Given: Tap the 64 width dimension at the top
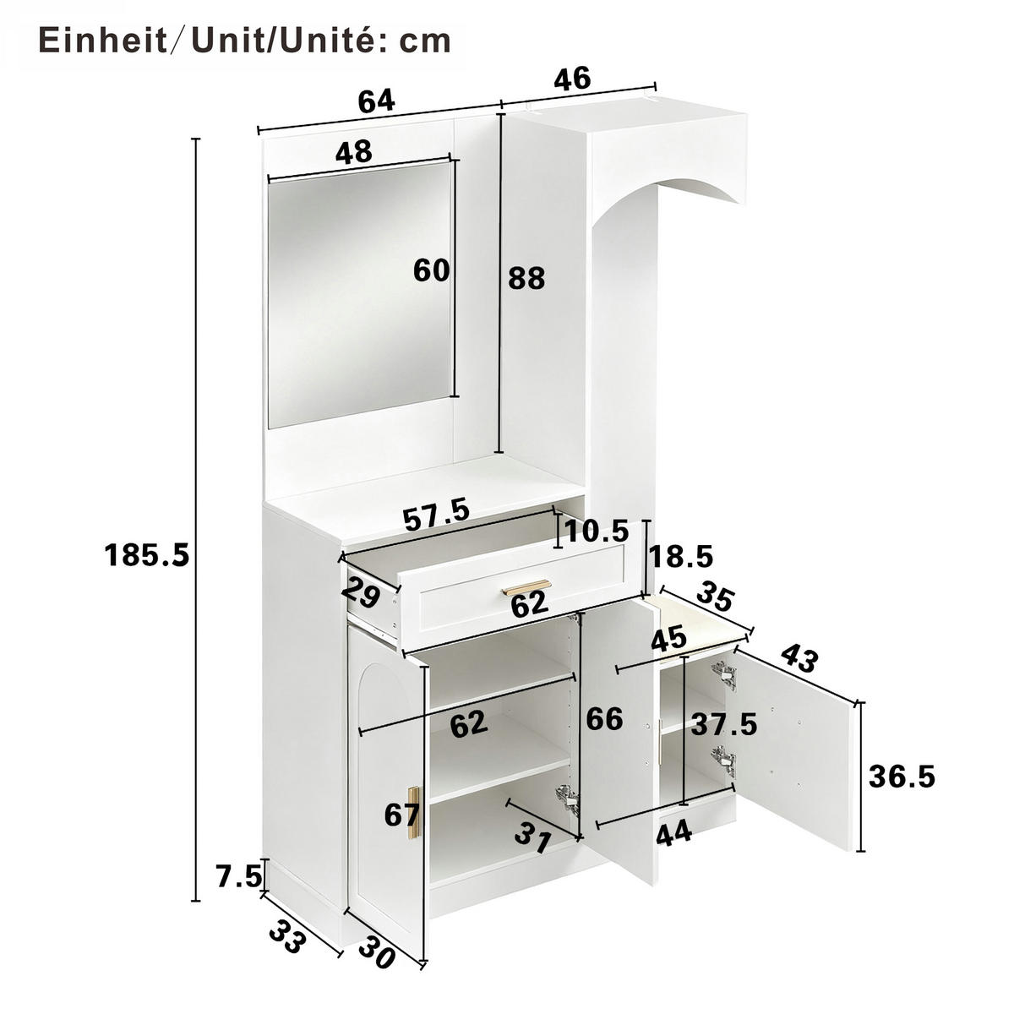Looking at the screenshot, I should (x=376, y=101).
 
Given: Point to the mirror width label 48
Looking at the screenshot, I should (x=353, y=152).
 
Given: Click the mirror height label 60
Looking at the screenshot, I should (x=432, y=270).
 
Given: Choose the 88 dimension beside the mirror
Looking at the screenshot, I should (x=526, y=278).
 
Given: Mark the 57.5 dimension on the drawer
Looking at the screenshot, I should (x=436, y=515).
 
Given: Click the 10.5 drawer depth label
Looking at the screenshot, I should (x=597, y=532).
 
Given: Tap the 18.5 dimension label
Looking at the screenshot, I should (x=681, y=557).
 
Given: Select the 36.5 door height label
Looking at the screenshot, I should (x=902, y=776).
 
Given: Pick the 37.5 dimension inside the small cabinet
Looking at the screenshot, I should (x=723, y=724).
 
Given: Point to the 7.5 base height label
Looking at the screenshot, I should (x=238, y=877).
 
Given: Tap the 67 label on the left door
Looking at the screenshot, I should (x=402, y=815).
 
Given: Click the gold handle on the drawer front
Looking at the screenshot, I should (x=526, y=586).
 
